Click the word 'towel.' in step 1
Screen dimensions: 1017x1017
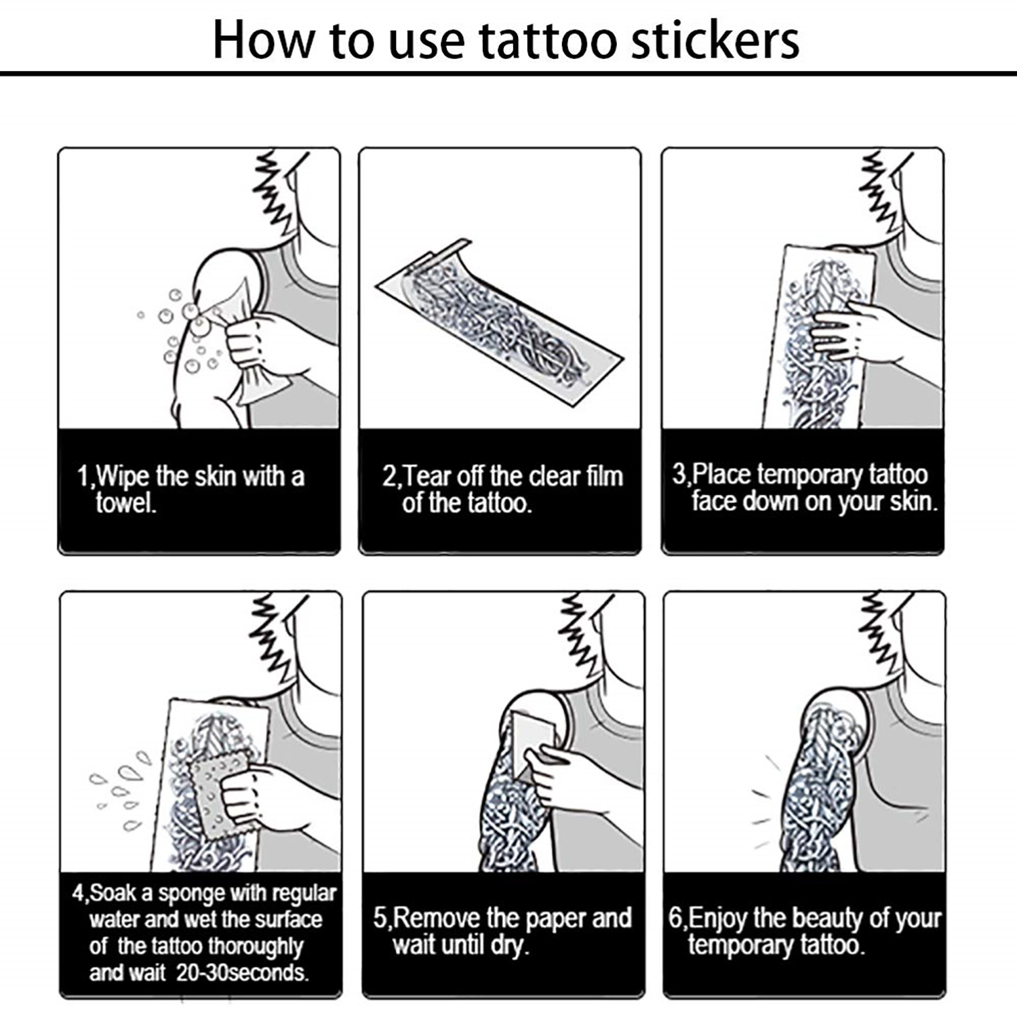point(126,503)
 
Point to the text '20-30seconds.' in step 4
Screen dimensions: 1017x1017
point(242,973)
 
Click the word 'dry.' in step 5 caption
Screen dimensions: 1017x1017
point(509,945)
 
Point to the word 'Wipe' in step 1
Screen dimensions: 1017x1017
point(123,477)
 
